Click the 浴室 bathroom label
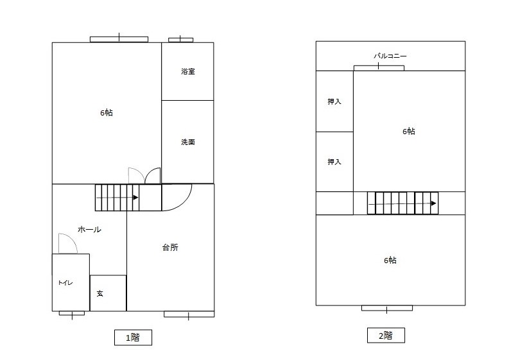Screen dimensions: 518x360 (188, 71)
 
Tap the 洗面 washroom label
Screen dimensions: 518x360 (188, 142)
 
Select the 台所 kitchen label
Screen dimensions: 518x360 (171, 247)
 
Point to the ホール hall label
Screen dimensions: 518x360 (89, 230)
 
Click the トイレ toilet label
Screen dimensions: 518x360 (65, 283)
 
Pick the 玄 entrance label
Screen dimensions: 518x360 (99, 293)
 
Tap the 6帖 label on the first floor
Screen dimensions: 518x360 (107, 113)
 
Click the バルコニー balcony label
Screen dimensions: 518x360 (390, 56)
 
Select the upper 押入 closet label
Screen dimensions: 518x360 (334, 102)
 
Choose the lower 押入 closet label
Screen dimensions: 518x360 (334, 162)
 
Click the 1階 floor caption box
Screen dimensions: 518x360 (133, 338)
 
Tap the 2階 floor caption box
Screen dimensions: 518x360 (386, 336)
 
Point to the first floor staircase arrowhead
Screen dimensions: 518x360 (135, 198)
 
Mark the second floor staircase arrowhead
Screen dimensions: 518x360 (434, 203)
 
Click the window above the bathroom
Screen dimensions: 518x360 (181, 40)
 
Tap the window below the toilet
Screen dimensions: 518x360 (72, 313)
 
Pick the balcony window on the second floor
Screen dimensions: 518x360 (379, 68)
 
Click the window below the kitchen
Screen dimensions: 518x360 (189, 314)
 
